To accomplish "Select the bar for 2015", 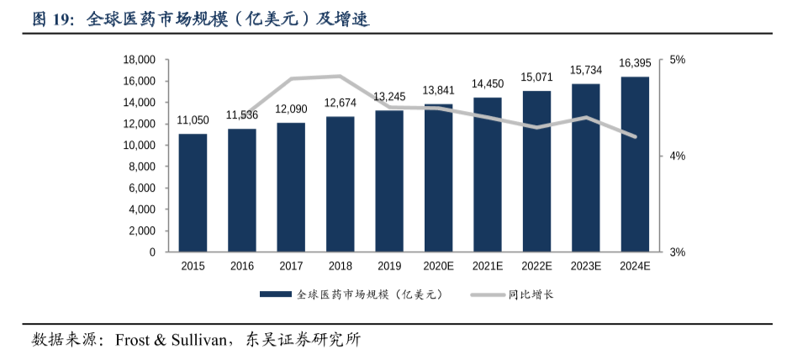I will [x=193, y=193].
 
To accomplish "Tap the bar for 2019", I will [x=389, y=181].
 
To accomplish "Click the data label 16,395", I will [x=635, y=63].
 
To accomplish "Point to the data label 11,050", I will [x=193, y=121].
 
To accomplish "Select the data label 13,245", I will [x=389, y=97].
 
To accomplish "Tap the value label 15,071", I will [x=536, y=77].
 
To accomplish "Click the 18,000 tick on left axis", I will [x=140, y=60].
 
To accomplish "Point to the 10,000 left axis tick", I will [x=140, y=146].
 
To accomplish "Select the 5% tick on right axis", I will [x=677, y=60].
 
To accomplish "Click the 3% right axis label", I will [x=677, y=251].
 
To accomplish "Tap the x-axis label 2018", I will [x=340, y=267].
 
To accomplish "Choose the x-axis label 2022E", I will [x=536, y=267].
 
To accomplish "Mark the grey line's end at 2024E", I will [x=635, y=136].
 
